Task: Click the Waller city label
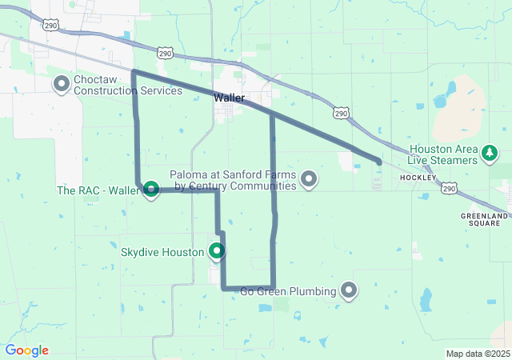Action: coord(230,98)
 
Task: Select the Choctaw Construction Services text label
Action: coord(128,86)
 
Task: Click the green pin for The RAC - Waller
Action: coord(150,190)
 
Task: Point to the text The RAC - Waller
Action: coord(98,190)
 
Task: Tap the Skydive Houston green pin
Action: coord(216,252)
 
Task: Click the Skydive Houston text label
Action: coord(162,252)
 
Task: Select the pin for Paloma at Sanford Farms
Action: coord(308,179)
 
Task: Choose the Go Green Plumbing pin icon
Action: coord(349,290)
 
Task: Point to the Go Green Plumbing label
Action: coord(289,291)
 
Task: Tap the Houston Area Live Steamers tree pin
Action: coord(489,153)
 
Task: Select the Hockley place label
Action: coord(418,177)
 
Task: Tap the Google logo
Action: coord(26,350)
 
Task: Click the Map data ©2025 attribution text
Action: coord(478,354)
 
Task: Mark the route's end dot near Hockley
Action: coord(378,162)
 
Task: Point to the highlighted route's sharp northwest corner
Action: coord(133,72)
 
